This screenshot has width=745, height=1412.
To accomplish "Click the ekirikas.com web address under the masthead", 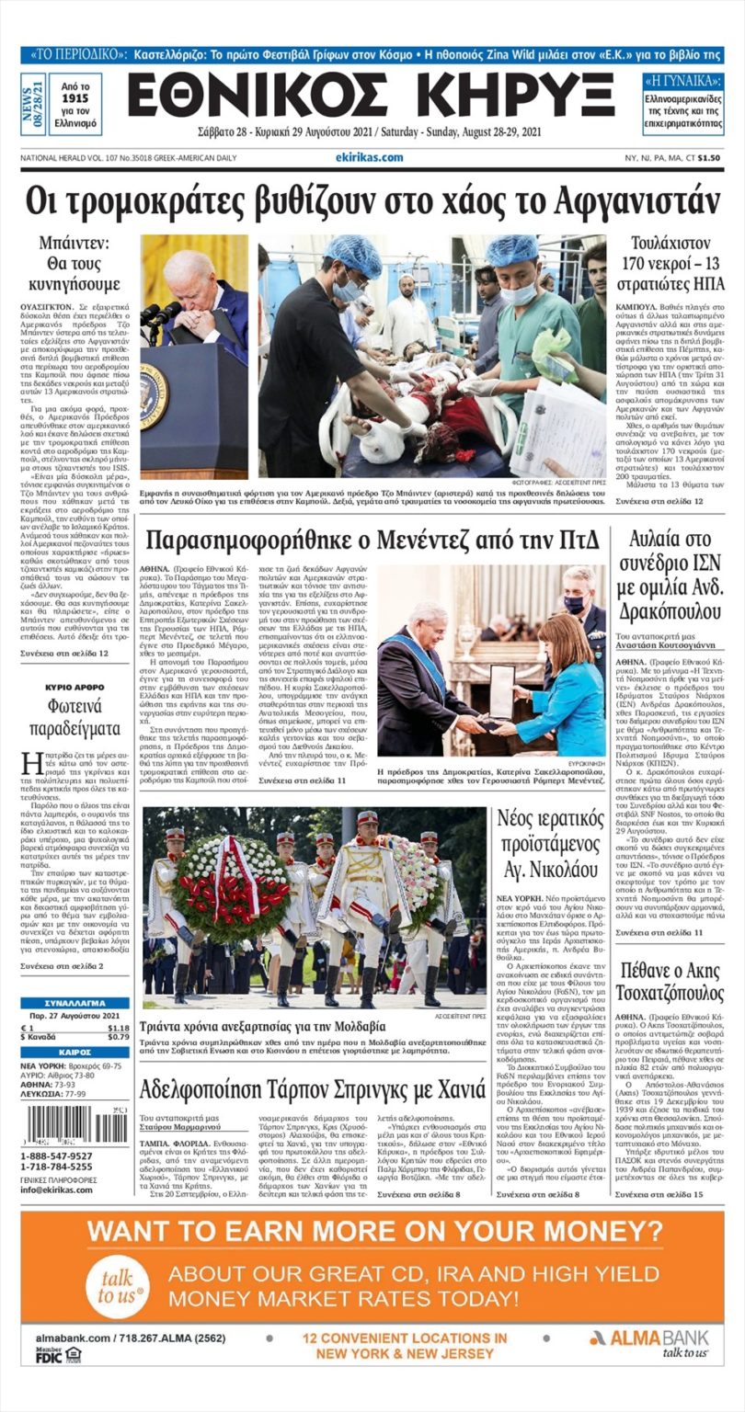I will point(370,157).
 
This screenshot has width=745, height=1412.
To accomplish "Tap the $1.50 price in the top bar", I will point(708,157).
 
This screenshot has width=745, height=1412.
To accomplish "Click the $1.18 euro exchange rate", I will point(118,1028).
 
